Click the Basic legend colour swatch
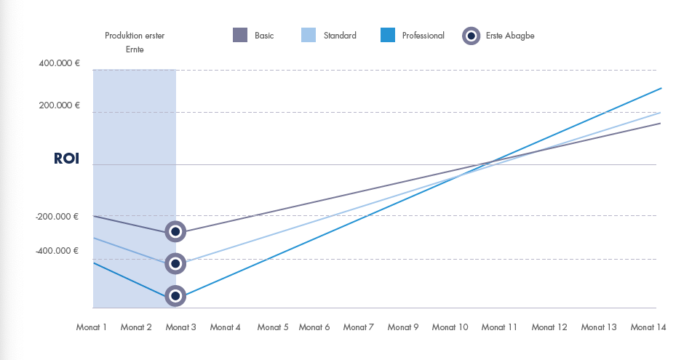(241, 35)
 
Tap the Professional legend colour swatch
(389, 35)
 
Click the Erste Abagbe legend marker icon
(472, 36)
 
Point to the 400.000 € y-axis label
(60, 64)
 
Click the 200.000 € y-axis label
(60, 105)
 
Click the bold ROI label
(66, 159)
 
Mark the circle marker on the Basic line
(175, 231)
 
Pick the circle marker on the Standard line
(175, 263)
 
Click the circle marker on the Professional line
(175, 296)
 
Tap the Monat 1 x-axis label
(92, 327)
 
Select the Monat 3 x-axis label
(181, 327)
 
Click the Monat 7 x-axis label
(359, 327)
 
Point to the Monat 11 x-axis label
(499, 327)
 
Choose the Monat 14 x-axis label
(648, 327)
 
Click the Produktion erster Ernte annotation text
(135, 42)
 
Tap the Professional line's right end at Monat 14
(661, 88)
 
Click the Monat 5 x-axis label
(273, 327)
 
